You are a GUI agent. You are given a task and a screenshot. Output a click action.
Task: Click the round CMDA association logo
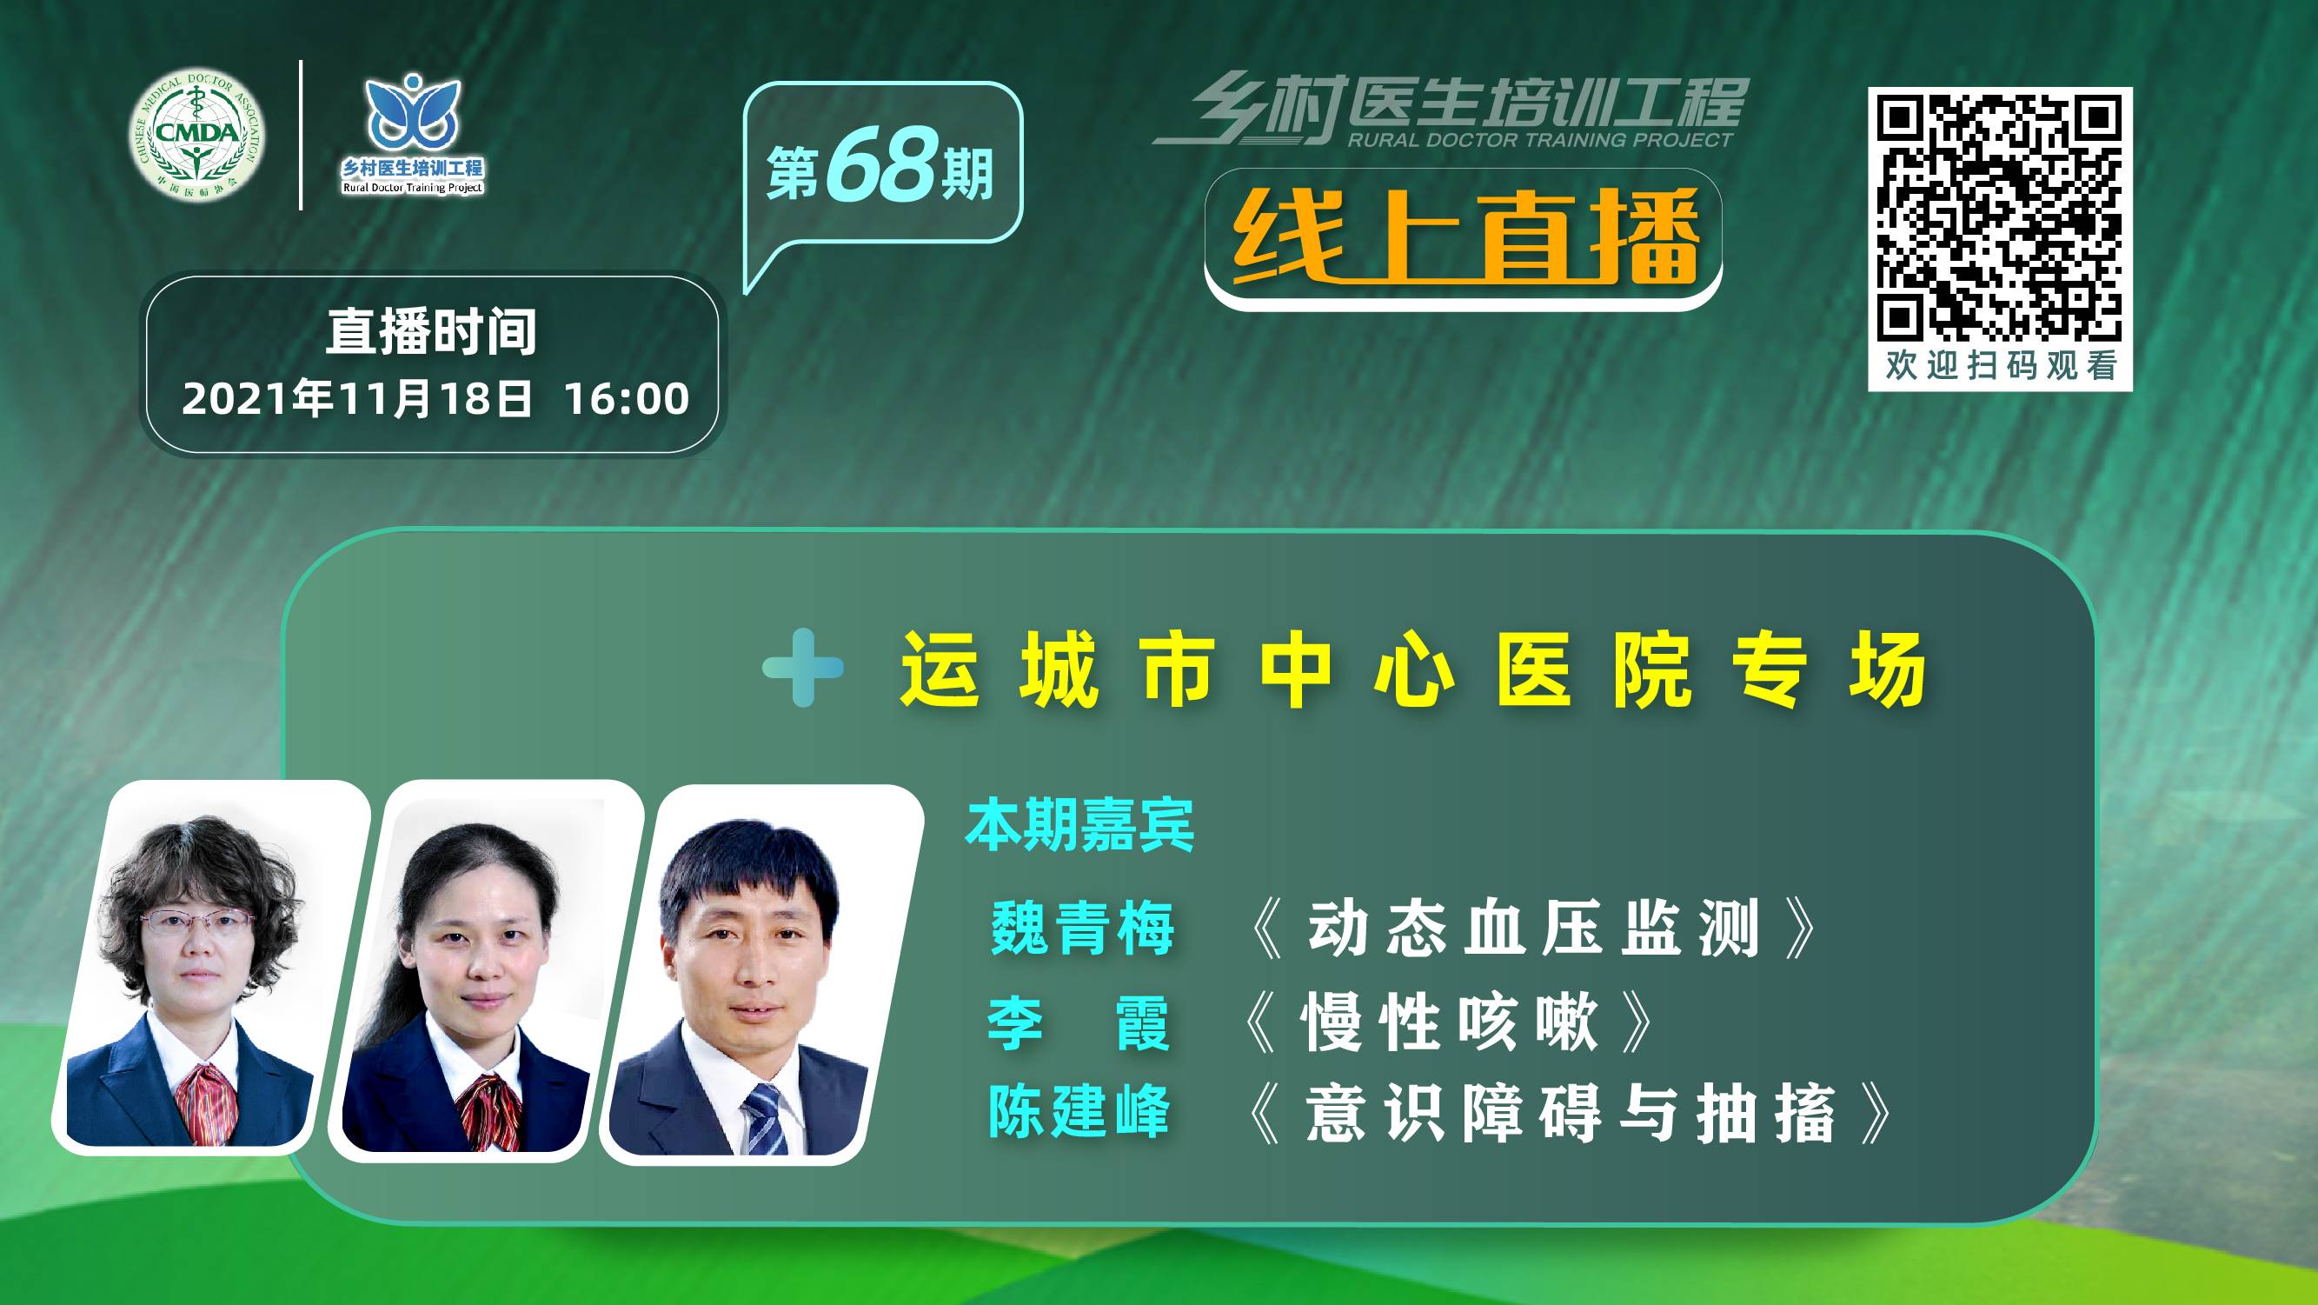[x=197, y=135]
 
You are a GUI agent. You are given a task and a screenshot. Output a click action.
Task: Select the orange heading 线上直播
[x=1465, y=236]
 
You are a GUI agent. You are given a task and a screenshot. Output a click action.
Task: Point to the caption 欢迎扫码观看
[x=2001, y=365]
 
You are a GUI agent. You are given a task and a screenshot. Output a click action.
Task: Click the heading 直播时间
[x=431, y=332]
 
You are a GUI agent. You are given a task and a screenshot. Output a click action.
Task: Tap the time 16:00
[x=627, y=399]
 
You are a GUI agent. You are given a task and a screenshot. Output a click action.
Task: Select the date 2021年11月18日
[x=356, y=399]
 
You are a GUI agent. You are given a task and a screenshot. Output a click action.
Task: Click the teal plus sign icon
[x=803, y=668]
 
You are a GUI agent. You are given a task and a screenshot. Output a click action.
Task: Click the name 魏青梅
[x=1082, y=928]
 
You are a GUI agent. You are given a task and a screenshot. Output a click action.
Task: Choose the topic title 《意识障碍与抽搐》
[x=1571, y=1114]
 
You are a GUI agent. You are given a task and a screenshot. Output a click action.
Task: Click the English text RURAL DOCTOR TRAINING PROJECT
[x=1539, y=139]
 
